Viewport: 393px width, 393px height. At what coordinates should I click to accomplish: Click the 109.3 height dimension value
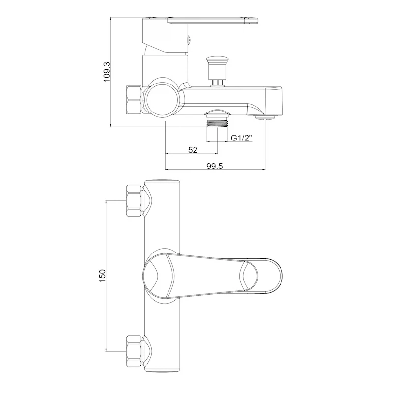[107, 72]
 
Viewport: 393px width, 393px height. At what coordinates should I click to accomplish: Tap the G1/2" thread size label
[241, 138]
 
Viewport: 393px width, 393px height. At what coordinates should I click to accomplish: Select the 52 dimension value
[193, 150]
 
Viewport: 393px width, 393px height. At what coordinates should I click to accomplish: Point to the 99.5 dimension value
[215, 166]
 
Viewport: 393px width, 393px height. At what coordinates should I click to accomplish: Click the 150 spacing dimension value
[103, 276]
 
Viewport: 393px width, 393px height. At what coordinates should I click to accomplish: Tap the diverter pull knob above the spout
[217, 72]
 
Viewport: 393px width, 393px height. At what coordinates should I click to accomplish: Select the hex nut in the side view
[134, 100]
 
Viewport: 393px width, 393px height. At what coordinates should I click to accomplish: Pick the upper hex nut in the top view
[134, 200]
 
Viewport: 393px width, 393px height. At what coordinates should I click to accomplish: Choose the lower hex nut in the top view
[134, 350]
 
